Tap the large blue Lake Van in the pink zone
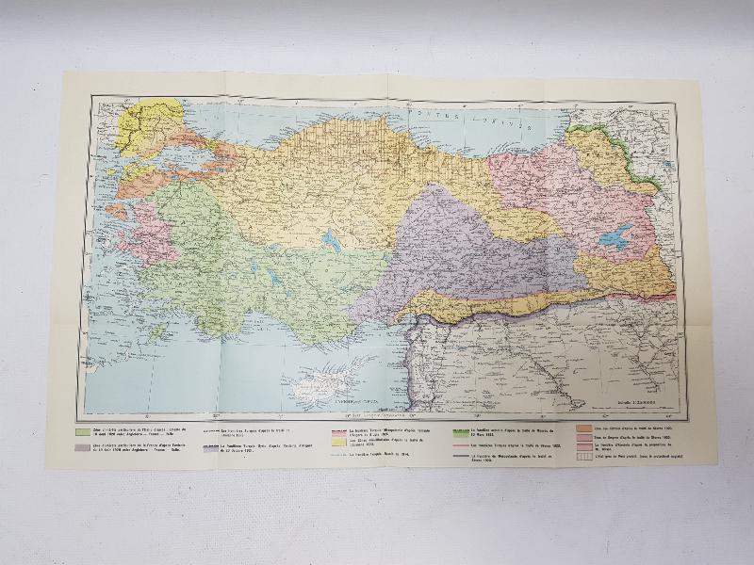[x=616, y=237]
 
